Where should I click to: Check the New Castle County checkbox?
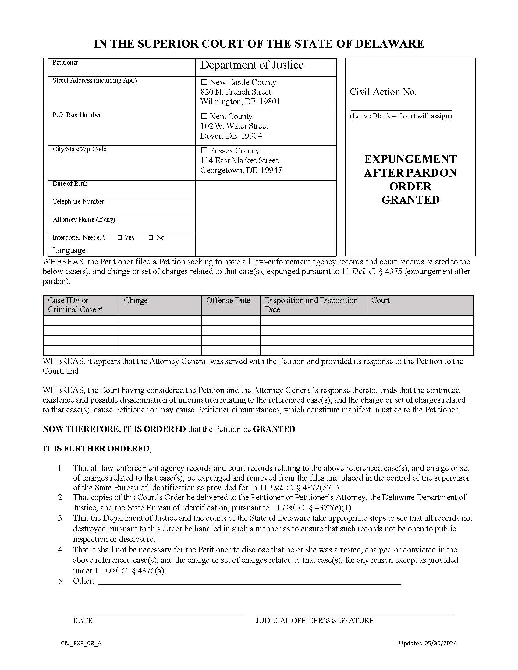pos(204,82)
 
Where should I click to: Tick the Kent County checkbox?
pos(204,116)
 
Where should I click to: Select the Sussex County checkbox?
pos(204,151)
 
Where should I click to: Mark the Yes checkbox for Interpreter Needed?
pos(120,238)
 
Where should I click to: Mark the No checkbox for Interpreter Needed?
pos(151,238)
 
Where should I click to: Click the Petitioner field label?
pos(66,62)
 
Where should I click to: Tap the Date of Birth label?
pos(70,184)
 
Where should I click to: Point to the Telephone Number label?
pos(78,202)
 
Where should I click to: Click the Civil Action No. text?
pos(383,92)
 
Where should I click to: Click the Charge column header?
pos(136,300)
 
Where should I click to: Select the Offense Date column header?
pos(228,300)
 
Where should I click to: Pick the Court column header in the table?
pos(381,300)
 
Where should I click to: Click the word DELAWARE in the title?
pos(389,44)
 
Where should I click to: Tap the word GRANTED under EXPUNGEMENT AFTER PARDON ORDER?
pos(410,200)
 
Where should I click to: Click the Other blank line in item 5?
pos(249,581)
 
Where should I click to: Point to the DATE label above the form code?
pos(83,621)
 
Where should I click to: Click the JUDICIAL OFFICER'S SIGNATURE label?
pos(315,621)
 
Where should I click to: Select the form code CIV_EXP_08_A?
pos(81,643)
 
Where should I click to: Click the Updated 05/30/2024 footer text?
pos(428,643)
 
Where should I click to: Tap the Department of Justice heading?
pos(252,65)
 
